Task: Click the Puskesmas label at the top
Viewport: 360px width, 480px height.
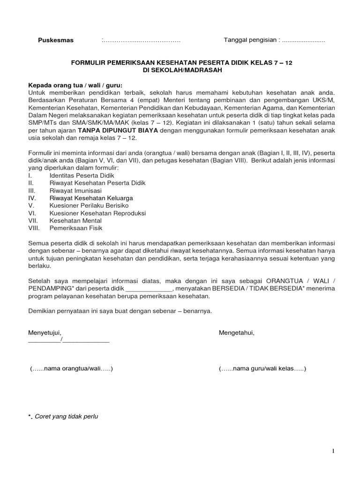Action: pos(56,40)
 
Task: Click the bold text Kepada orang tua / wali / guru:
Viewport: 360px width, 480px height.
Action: pos(75,85)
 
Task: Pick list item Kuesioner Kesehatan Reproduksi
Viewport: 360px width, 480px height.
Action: pos(97,213)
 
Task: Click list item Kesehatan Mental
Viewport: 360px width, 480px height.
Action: pos(74,221)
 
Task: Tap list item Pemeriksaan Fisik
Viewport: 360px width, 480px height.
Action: pos(75,228)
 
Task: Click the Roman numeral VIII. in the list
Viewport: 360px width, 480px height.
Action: pos(35,228)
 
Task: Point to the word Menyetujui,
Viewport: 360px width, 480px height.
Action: pos(45,332)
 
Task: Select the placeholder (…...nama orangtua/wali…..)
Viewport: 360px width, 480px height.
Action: pos(72,369)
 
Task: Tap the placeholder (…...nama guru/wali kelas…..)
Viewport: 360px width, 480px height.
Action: pos(262,369)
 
